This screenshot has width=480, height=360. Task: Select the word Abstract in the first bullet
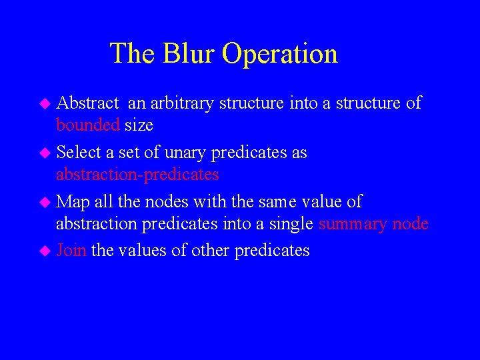pos(87,103)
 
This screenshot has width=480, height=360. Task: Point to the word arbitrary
pos(182,104)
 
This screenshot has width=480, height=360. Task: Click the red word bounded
pos(88,125)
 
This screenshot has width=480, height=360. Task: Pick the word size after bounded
pos(139,125)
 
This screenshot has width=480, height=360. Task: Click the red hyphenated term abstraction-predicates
pos(137,175)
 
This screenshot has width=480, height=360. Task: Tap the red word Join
pos(71,251)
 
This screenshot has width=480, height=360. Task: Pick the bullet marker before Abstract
pos(45,104)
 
